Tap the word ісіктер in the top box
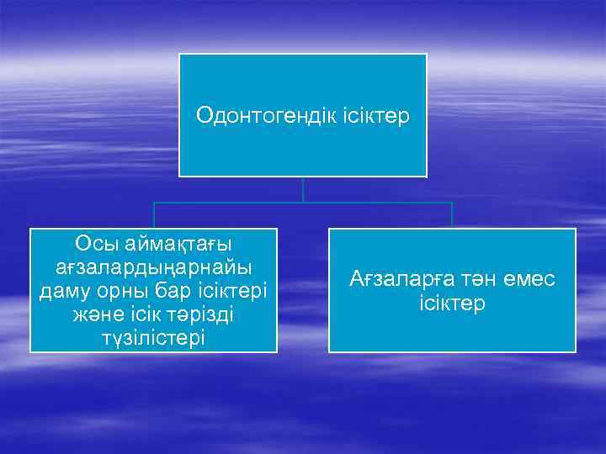[x=375, y=115]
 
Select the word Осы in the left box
[x=95, y=244]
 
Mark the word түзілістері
[x=153, y=337]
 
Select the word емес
[x=528, y=279]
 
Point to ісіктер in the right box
[x=452, y=303]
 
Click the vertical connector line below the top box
[x=303, y=189]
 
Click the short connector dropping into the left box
[x=153, y=215]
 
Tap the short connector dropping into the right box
[x=452, y=215]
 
